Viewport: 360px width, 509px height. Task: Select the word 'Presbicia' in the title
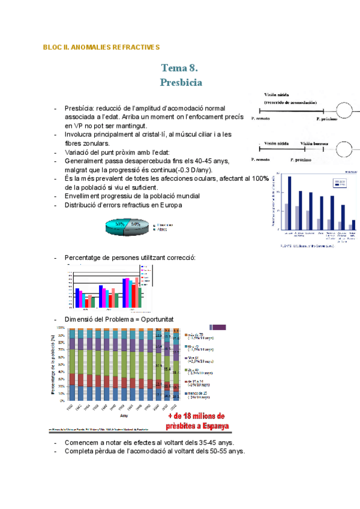(181, 82)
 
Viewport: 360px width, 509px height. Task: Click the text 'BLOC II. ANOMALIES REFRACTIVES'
(101, 47)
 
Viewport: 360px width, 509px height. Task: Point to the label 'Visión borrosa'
(315, 144)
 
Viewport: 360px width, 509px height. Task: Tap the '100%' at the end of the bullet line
(260, 178)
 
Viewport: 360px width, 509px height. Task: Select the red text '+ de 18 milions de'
(196, 415)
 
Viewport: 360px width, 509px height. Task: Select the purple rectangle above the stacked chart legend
(218, 327)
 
